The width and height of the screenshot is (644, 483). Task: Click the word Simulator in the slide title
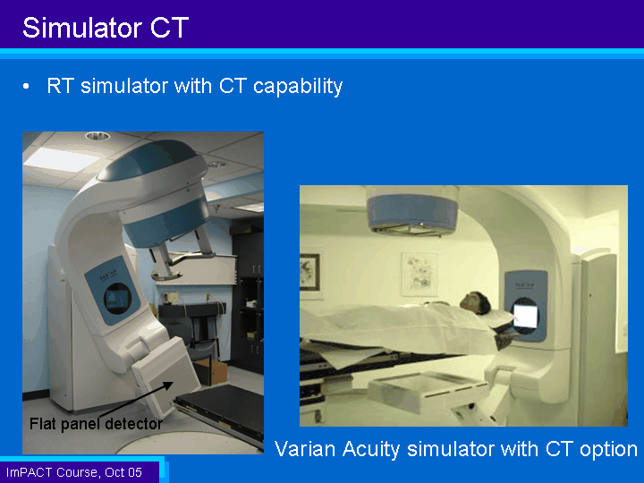82,28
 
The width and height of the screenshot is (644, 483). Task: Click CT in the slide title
169,28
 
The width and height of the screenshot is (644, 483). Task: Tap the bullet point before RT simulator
26,86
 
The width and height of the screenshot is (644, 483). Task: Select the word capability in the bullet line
298,86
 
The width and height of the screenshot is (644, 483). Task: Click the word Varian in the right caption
305,448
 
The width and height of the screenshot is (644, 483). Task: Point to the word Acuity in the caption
371,449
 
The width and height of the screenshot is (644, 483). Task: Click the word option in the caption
608,449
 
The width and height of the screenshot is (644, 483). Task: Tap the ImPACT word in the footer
29,472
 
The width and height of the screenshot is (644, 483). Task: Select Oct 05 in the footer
123,472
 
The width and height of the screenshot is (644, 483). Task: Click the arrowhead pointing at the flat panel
168,385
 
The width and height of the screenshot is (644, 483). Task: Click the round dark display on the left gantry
117,298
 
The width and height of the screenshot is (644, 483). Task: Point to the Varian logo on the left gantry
108,275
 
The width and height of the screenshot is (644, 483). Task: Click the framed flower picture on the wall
419,274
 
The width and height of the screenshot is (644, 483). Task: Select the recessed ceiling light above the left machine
97,136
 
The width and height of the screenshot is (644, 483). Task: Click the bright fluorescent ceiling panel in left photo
62,159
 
